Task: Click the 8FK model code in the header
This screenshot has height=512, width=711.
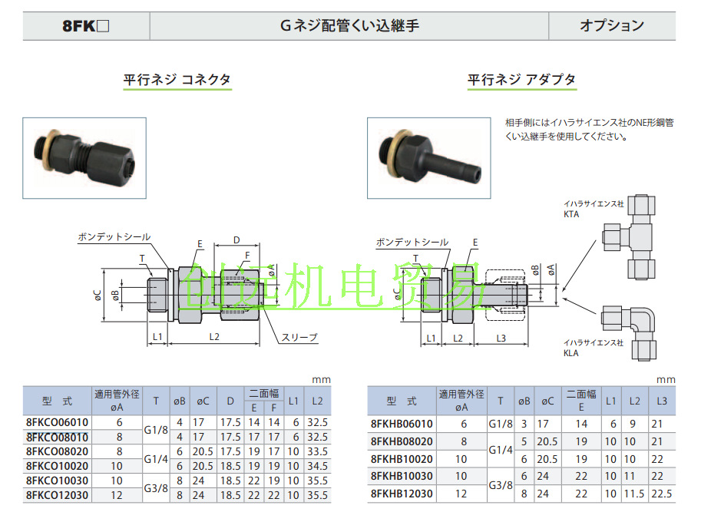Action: click(86, 25)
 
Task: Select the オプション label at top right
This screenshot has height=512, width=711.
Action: click(611, 25)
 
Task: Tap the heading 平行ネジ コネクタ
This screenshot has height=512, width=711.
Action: click(177, 79)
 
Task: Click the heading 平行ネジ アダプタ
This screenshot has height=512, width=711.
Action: click(521, 79)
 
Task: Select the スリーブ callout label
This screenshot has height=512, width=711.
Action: click(299, 337)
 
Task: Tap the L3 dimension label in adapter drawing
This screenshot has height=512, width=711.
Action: click(501, 339)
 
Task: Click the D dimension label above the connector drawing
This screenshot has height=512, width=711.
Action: click(236, 240)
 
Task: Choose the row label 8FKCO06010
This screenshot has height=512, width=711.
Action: click(57, 423)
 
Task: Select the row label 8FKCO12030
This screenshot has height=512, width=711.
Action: click(57, 496)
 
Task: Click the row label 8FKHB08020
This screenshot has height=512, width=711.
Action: click(401, 441)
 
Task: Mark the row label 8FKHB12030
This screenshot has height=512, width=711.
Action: click(401, 494)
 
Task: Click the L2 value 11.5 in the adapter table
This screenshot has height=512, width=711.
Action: click(634, 494)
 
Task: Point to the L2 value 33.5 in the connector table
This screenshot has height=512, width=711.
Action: click(316, 452)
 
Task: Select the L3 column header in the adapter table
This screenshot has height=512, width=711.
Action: click(662, 401)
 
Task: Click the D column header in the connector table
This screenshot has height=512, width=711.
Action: click(230, 400)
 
